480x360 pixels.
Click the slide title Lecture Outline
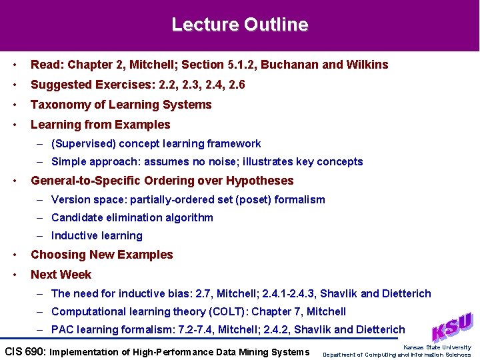[x=240, y=25]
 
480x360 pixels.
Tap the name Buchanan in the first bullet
[x=289, y=65]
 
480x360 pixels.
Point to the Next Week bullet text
[x=61, y=275]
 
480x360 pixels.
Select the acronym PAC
[x=63, y=329]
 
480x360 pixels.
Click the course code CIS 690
[x=25, y=352]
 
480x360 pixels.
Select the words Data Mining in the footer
[x=227, y=352]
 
